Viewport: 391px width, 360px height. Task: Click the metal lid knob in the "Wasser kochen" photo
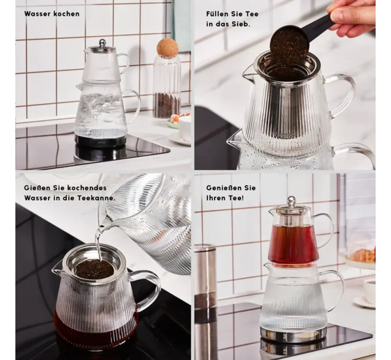102,42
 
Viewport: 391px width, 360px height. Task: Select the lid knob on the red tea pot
291,201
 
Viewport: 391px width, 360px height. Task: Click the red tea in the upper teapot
293,241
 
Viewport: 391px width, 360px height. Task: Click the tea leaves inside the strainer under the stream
94,269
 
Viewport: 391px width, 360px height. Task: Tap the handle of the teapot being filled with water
147,289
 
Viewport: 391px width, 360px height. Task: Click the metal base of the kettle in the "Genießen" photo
293,335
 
